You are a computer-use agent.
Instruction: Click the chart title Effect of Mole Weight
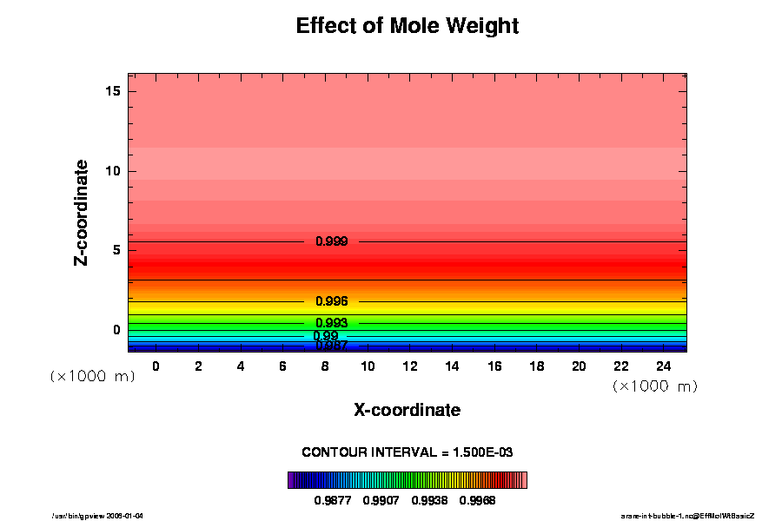[x=408, y=26]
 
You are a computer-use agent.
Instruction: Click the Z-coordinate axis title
[x=82, y=212]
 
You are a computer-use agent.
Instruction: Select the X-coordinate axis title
[x=408, y=410]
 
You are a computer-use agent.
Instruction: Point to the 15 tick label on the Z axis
[x=113, y=92]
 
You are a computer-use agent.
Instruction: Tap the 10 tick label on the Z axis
[x=113, y=171]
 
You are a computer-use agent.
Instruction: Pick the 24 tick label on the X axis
[x=663, y=366]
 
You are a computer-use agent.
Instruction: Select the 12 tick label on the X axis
[x=409, y=366]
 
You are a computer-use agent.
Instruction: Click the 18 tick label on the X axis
[x=536, y=366]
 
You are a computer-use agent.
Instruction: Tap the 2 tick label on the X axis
[x=198, y=366]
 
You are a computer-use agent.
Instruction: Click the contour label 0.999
[x=332, y=241]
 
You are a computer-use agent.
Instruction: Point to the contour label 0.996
[x=332, y=301]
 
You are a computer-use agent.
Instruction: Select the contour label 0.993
[x=332, y=323]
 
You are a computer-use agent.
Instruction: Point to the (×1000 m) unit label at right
[x=654, y=386]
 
